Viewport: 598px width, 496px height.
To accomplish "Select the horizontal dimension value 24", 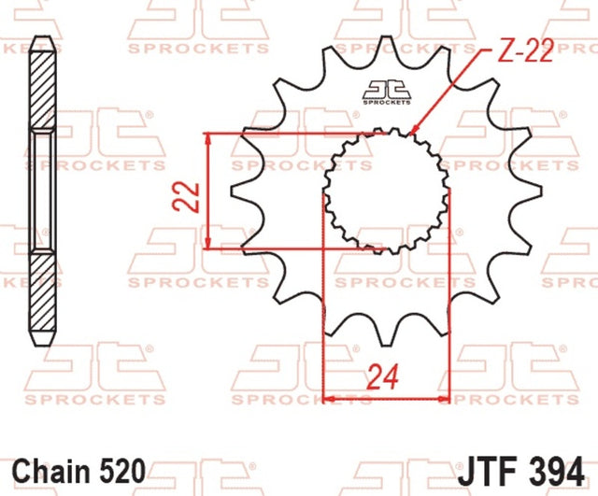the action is coord(382,377).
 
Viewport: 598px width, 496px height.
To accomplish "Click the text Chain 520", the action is coord(78,471).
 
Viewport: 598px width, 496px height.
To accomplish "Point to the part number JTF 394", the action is coord(521,471).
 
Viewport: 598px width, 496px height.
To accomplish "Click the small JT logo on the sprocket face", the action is coord(387,92).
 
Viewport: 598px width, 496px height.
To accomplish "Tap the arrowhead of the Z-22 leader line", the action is coord(413,131).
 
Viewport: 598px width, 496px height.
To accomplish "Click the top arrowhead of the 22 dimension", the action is coord(207,138).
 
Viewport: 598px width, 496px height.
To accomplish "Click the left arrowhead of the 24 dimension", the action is coord(329,399).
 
